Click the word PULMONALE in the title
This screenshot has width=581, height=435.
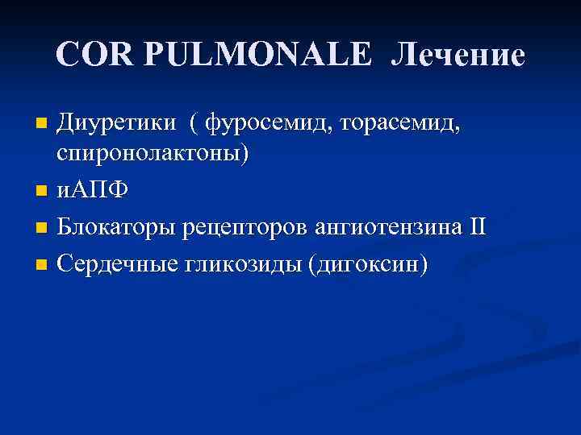click(258, 54)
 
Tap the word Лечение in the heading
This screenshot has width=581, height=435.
click(458, 54)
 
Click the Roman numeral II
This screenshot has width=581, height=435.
click(477, 227)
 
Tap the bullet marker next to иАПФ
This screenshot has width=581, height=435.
click(44, 193)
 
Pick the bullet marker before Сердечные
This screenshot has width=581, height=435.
click(44, 264)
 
